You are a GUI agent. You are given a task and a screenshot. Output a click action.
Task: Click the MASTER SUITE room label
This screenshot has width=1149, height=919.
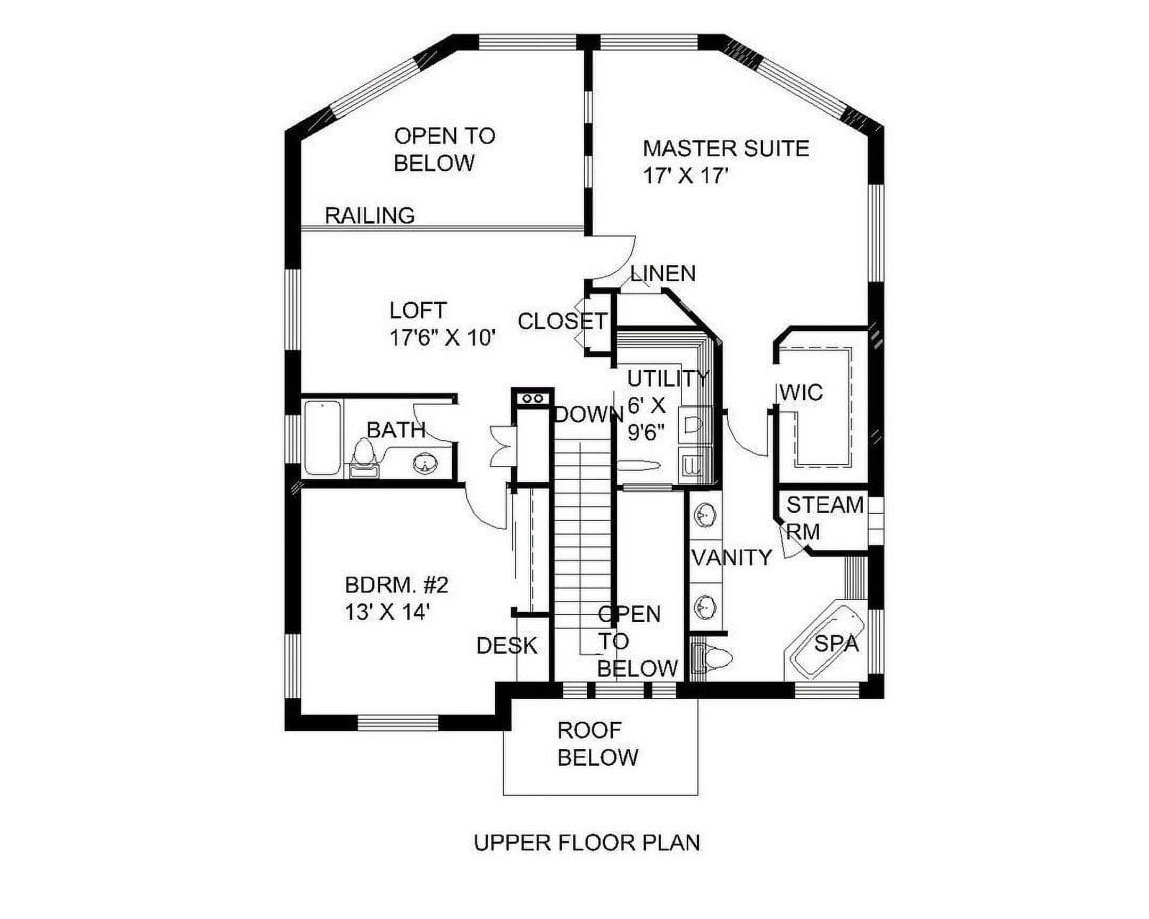tap(726, 148)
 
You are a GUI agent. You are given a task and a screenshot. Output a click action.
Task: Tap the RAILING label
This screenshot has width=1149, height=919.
tap(370, 216)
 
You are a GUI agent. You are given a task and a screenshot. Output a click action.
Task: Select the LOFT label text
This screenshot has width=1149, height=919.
tap(418, 310)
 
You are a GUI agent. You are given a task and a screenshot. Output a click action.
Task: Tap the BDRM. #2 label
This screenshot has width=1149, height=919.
tap(396, 586)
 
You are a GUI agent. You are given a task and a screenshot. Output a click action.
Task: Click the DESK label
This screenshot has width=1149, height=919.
tap(507, 646)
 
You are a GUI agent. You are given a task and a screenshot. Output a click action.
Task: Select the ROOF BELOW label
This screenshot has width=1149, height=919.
tap(597, 743)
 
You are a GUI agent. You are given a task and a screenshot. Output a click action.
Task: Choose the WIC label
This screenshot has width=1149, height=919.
tap(801, 392)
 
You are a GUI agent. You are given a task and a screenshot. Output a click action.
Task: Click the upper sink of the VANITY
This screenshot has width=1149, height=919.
tap(706, 515)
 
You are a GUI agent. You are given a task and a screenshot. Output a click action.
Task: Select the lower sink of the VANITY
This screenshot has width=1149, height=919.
tap(706, 606)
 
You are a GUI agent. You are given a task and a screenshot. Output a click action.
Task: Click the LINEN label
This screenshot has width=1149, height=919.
tap(663, 273)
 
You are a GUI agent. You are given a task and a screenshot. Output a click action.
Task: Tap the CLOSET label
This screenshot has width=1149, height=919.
tap(562, 321)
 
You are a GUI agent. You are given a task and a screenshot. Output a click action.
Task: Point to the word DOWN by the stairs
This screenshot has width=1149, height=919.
tap(589, 414)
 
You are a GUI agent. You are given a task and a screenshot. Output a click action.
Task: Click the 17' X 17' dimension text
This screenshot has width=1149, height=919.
tap(685, 176)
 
